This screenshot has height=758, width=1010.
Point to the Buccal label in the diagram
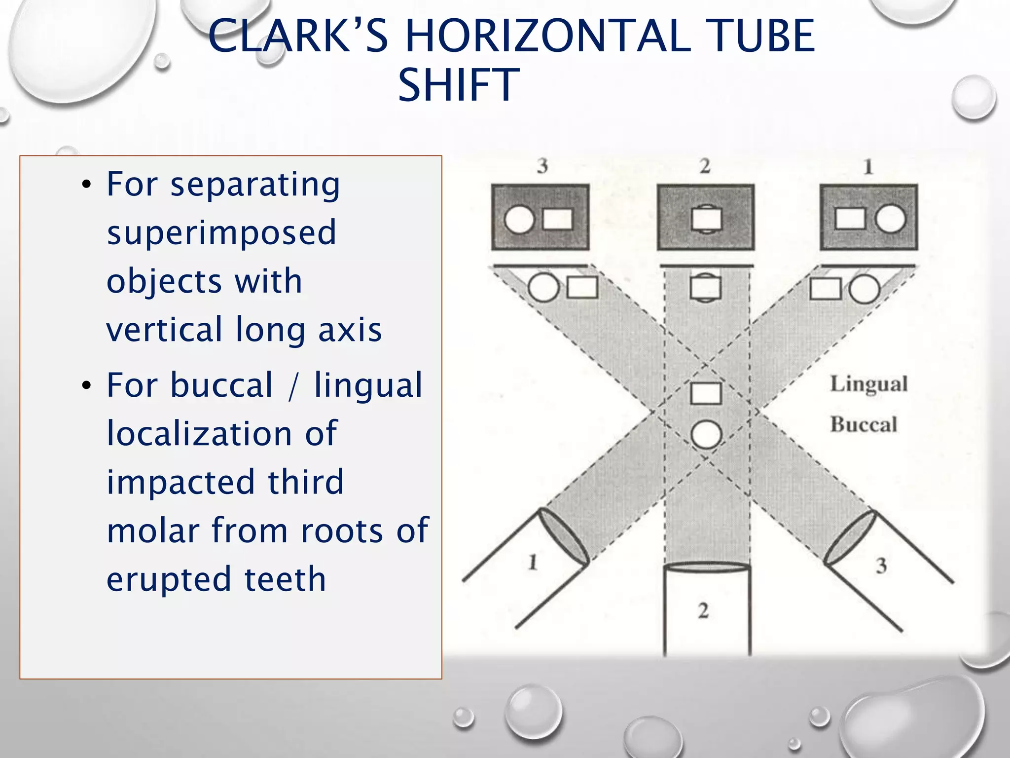(864, 425)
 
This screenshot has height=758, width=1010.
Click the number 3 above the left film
(542, 166)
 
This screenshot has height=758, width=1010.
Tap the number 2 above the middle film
(705, 166)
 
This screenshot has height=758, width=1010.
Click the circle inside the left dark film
(519, 219)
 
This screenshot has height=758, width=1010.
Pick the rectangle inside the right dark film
(850, 219)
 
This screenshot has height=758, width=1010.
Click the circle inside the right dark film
(890, 219)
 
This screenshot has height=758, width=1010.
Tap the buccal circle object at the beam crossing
(706, 435)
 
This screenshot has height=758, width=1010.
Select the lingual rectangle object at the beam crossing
(706, 393)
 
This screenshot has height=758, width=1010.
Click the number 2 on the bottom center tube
(703, 611)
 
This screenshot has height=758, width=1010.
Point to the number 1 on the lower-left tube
(533, 562)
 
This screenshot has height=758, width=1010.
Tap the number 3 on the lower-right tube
(881, 566)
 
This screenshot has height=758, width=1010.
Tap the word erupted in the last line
(169, 579)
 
